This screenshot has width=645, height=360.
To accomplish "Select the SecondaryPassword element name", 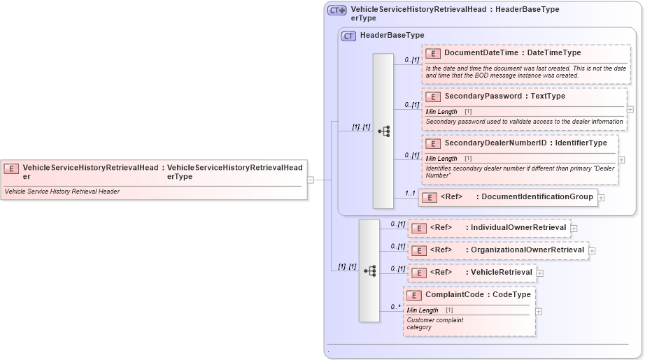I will pos(483,96).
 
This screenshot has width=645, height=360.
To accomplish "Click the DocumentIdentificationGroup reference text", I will pos(537,197).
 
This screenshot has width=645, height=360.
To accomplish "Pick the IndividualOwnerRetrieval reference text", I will pos(518,228).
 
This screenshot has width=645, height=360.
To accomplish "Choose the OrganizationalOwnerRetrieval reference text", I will pos(527,250).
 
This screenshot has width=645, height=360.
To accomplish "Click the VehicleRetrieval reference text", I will pos(501,273).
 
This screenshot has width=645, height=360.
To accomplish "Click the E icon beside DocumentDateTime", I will pos(433,53).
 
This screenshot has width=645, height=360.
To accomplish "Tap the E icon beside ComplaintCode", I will pos(414,296).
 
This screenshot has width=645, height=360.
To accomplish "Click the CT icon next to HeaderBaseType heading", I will pos(348,36).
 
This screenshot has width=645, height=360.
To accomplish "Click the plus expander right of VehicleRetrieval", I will pos(540,273).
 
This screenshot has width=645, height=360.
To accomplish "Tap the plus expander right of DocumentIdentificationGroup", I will pos(601,198).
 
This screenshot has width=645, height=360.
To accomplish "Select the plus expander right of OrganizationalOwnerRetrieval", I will pos(592,250).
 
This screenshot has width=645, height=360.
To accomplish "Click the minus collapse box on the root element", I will pos(311,179).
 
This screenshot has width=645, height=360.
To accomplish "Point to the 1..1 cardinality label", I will pos(410,193).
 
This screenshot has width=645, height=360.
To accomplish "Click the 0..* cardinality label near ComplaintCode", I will pos(395,306).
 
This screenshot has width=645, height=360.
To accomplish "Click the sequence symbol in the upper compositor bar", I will pos(383,131).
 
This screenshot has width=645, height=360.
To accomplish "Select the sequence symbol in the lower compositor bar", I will pos(369,271).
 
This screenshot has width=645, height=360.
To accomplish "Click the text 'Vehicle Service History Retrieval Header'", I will pos(62,192).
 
